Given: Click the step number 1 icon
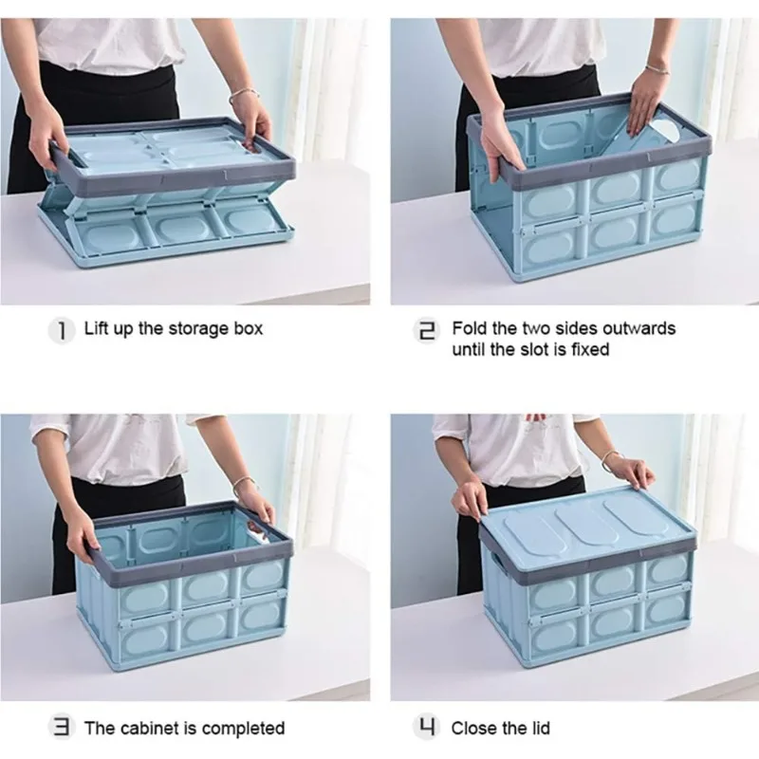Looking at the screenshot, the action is click(62, 330).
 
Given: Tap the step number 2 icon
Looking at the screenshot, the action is click(426, 330).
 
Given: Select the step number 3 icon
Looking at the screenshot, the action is click(62, 727).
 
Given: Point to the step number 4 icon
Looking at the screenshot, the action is click(426, 727).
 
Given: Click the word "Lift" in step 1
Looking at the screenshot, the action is click(97, 328).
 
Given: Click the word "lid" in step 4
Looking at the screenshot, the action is click(540, 728).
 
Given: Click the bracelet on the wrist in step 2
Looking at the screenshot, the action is click(657, 68).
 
